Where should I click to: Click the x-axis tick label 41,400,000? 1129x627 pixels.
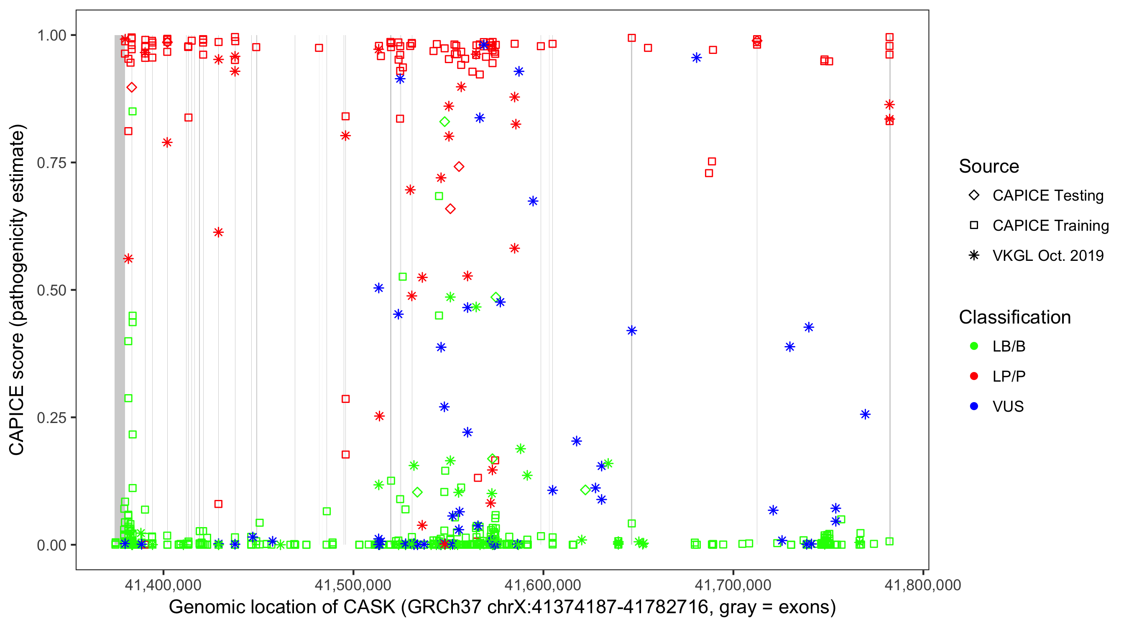click(163, 585)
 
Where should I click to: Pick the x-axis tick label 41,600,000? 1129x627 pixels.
click(543, 585)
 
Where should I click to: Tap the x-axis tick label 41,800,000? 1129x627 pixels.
click(922, 585)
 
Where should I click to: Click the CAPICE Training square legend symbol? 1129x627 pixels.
click(974, 225)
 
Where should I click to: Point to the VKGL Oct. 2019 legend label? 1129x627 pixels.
click(1048, 255)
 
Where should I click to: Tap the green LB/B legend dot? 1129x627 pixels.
click(974, 346)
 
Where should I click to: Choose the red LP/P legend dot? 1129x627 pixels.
click(974, 376)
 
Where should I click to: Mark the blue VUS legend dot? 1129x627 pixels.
click(974, 406)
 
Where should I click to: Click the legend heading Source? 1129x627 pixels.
click(989, 166)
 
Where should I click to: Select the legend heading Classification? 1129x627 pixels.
click(1014, 317)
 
